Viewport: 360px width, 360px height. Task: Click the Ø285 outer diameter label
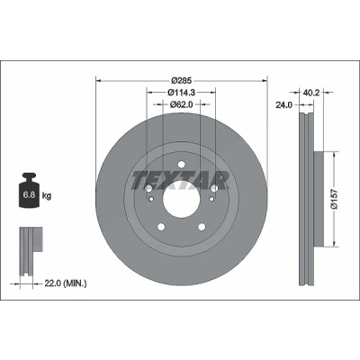click(181, 81)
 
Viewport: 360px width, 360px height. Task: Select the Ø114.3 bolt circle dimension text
click(181, 93)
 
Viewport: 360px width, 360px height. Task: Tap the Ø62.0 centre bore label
click(181, 104)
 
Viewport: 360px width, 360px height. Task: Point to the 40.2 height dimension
click(310, 93)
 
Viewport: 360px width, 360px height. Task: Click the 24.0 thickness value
click(283, 105)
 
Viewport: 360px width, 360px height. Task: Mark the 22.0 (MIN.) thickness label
click(66, 283)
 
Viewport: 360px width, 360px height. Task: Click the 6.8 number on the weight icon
click(29, 195)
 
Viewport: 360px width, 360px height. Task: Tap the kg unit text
click(47, 196)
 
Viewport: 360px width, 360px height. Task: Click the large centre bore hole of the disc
click(181, 199)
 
